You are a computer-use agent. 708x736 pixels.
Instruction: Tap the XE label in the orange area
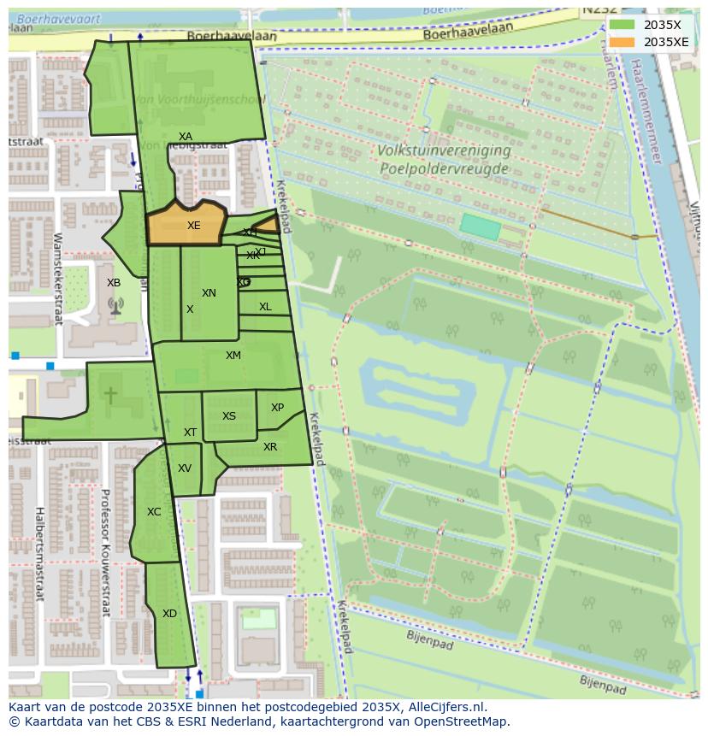coord(193,226)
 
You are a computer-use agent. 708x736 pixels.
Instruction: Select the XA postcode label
coord(186,137)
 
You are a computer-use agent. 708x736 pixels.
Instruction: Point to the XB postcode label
coord(114,283)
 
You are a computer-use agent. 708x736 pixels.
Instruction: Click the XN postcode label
coord(209,293)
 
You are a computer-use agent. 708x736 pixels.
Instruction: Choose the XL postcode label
coord(265,307)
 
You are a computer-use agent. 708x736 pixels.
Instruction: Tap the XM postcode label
coord(233,356)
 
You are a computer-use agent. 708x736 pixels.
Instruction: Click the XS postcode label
coord(229,416)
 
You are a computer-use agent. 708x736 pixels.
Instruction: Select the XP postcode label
coord(277,408)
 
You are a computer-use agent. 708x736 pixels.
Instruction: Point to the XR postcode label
coord(270,447)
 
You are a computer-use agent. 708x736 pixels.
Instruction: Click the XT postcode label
coord(190,433)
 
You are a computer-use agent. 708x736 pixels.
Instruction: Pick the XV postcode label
coord(185,468)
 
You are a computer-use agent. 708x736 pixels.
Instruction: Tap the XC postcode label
coord(154,512)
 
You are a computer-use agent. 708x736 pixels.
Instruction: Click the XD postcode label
coord(169,614)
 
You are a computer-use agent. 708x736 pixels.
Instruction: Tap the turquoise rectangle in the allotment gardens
coord(480,227)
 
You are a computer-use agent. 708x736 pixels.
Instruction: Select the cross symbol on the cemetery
coord(110,395)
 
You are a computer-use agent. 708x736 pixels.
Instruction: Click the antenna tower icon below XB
coord(115,305)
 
